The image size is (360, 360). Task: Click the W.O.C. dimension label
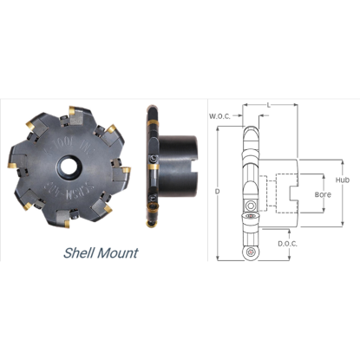click(x=220, y=115)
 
